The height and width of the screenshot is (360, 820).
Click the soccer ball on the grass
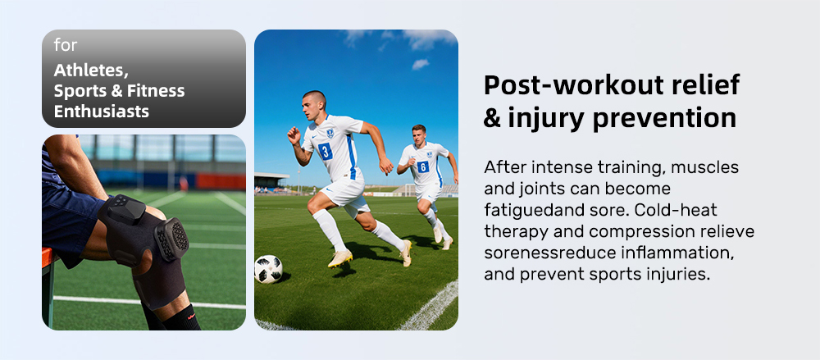click(x=269, y=269)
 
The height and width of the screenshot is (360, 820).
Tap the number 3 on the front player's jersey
click(x=325, y=151)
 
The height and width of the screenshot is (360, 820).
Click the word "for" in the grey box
click(x=66, y=45)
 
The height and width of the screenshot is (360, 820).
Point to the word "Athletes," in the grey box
click(x=91, y=71)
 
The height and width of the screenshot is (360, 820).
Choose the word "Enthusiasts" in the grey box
click(x=102, y=111)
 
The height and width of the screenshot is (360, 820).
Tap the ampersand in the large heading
click(x=492, y=118)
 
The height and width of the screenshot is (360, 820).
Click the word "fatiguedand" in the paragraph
click(x=530, y=211)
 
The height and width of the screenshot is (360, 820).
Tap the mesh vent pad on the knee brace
click(x=172, y=239)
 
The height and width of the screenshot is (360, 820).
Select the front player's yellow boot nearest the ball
click(x=340, y=258)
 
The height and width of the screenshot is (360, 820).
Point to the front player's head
click(x=314, y=105)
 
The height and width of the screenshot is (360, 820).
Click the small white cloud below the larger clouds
click(x=421, y=64)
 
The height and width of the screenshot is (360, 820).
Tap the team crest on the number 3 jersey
click(x=330, y=134)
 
